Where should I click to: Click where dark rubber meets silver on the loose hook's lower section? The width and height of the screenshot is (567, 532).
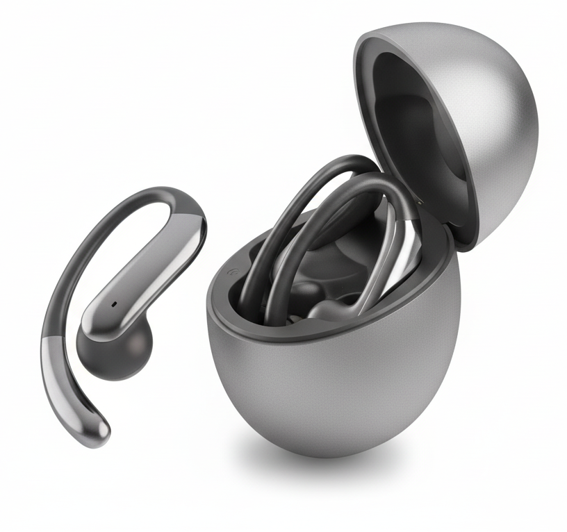tap(54, 340)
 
